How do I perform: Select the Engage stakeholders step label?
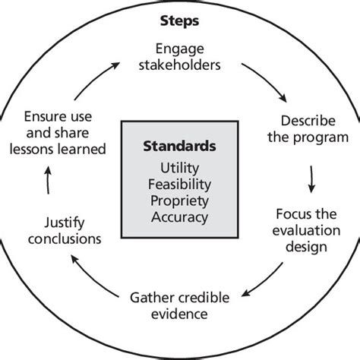point(180,56)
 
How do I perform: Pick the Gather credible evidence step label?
point(179,304)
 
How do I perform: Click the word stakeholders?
point(180,65)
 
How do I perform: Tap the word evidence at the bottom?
point(179,312)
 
